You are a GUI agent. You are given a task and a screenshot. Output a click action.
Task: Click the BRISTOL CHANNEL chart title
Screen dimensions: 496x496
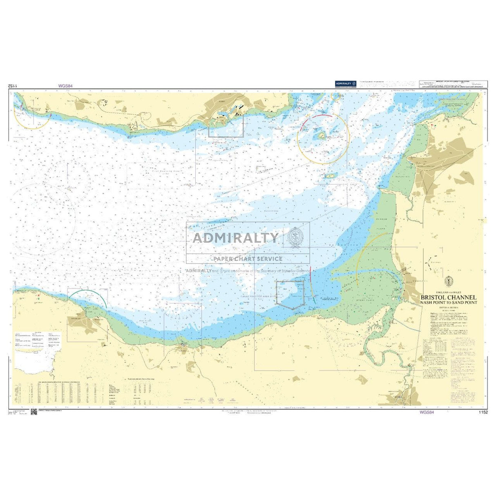[x=449, y=297]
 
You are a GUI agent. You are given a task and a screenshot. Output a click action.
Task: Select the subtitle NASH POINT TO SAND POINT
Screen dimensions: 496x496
[x=449, y=303]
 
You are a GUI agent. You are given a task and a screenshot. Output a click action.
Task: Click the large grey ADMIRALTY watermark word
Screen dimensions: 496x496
[x=236, y=238]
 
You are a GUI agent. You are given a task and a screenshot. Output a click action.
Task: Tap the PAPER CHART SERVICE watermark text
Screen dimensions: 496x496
[x=248, y=259]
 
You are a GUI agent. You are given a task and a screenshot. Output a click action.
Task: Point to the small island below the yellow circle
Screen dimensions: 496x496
[x=329, y=177]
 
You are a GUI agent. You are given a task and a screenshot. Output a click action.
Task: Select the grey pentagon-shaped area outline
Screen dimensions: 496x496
[x=290, y=293]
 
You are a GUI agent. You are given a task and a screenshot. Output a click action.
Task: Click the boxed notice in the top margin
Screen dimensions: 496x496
[x=453, y=83]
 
